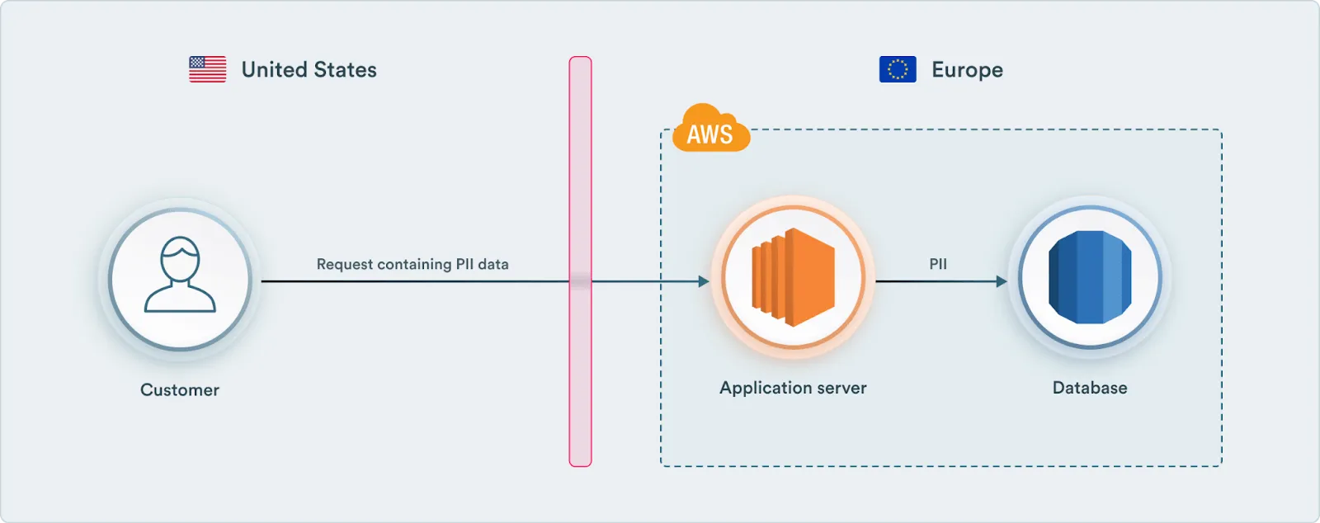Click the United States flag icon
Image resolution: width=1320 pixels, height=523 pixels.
tap(207, 69)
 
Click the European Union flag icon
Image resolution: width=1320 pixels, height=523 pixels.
tap(898, 69)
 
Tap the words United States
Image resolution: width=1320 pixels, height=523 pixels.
tap(309, 70)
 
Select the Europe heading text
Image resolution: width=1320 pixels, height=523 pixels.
tap(967, 70)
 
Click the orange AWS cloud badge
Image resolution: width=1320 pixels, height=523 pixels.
tap(709, 130)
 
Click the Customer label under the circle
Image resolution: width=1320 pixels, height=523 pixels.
tap(180, 390)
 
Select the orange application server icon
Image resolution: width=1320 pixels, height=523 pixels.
tap(793, 278)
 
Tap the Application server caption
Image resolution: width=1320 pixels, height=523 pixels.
tap(793, 388)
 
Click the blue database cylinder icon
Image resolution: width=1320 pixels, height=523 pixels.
tap(1090, 278)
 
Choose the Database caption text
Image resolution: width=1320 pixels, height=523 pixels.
tap(1090, 388)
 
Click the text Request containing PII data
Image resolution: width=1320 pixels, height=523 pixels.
tap(412, 264)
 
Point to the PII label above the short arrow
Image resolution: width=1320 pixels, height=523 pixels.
tap(938, 264)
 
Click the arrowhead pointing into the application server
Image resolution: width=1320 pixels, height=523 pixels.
tap(704, 281)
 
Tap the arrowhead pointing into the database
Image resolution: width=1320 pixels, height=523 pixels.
tap(1002, 281)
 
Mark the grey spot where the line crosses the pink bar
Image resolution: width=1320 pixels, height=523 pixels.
tap(580, 281)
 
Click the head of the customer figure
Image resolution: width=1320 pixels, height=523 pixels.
tap(180, 257)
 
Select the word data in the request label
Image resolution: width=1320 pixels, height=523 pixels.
tap(493, 264)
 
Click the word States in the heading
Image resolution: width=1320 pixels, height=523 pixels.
tap(345, 70)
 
